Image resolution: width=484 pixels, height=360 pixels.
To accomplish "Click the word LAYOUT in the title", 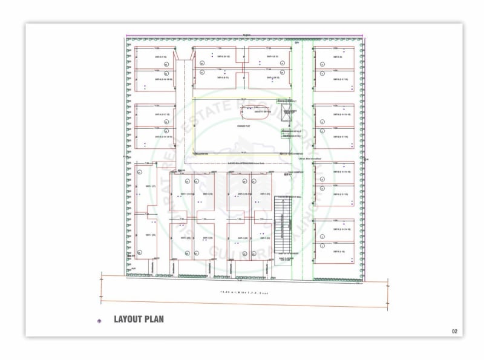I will (x=130, y=319).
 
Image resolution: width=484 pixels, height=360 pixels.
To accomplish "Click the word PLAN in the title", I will (x=155, y=319).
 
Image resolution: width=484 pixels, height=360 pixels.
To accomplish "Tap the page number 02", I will (x=455, y=331).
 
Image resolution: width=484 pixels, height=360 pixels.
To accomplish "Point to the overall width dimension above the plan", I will (x=244, y=35).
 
